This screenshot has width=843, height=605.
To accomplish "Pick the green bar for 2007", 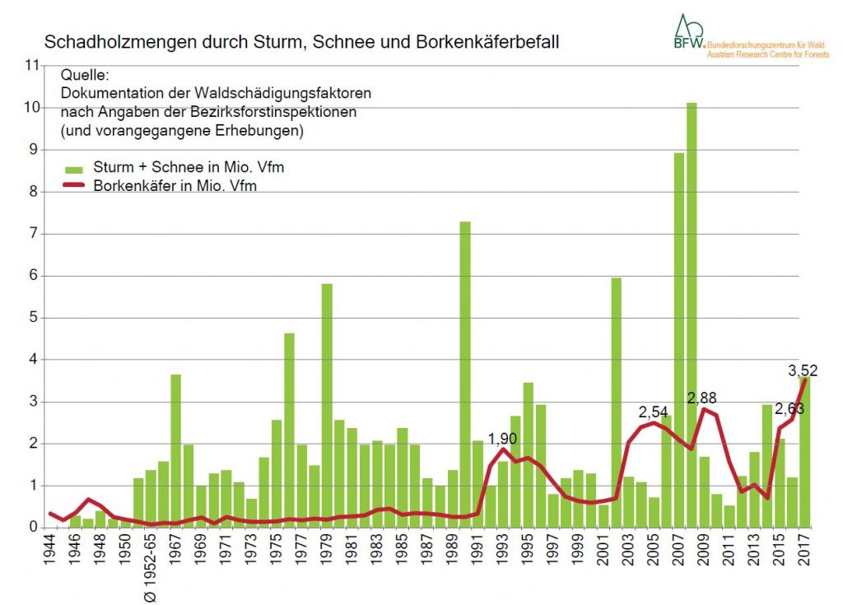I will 679,337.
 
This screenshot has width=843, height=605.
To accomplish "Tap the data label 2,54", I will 654,412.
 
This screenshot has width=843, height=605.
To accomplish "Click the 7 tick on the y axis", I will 34,234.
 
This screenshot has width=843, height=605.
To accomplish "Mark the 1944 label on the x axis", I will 51,553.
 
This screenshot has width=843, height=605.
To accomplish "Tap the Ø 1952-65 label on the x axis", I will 151,569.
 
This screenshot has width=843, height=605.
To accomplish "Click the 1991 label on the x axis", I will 477,553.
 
